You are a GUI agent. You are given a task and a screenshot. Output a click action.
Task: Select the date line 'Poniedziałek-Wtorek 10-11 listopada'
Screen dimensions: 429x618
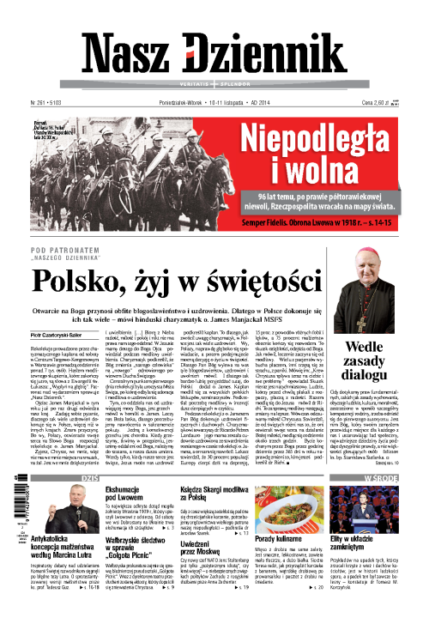[x=206, y=101]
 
